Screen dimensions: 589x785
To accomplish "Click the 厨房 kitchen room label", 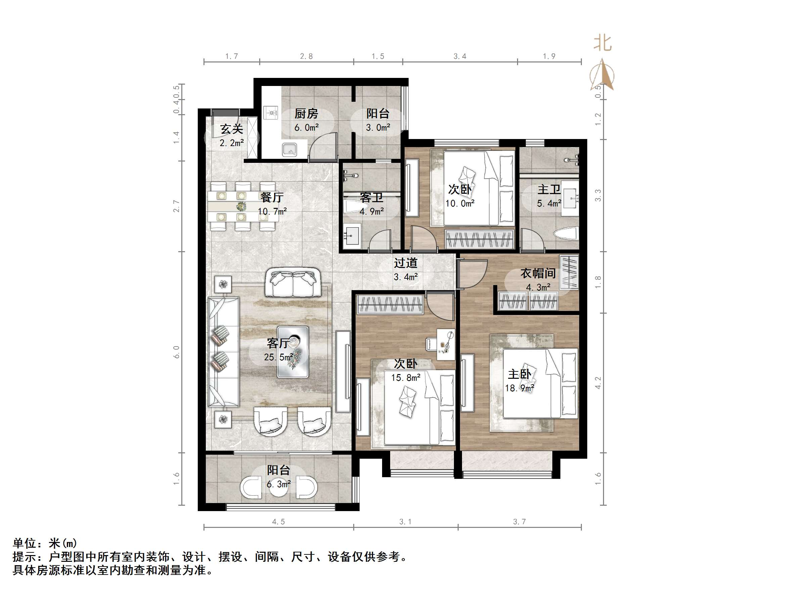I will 306,114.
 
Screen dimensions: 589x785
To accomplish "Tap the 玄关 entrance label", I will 231,129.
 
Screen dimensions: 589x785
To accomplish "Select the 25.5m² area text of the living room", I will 278,357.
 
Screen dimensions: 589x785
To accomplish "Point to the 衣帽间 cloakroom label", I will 538,273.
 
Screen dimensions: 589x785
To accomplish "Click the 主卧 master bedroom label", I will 519,374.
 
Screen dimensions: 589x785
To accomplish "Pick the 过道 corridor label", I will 406,263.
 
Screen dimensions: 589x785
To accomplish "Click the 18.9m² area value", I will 519,388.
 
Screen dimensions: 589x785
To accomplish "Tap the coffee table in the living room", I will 293,352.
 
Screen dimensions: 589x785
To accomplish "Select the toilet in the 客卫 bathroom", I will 355,208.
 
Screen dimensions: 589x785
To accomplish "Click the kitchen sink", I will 289,149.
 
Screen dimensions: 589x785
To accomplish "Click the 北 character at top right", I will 603,43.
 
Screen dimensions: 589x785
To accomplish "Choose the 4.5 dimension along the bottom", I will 278,522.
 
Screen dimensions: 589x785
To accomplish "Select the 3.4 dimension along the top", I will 460,56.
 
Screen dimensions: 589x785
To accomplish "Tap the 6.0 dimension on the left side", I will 176,352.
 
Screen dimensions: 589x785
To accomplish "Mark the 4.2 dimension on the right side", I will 598,383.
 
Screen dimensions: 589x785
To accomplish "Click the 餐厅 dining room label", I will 272,197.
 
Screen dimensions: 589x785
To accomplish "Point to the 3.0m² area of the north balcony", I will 378,128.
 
